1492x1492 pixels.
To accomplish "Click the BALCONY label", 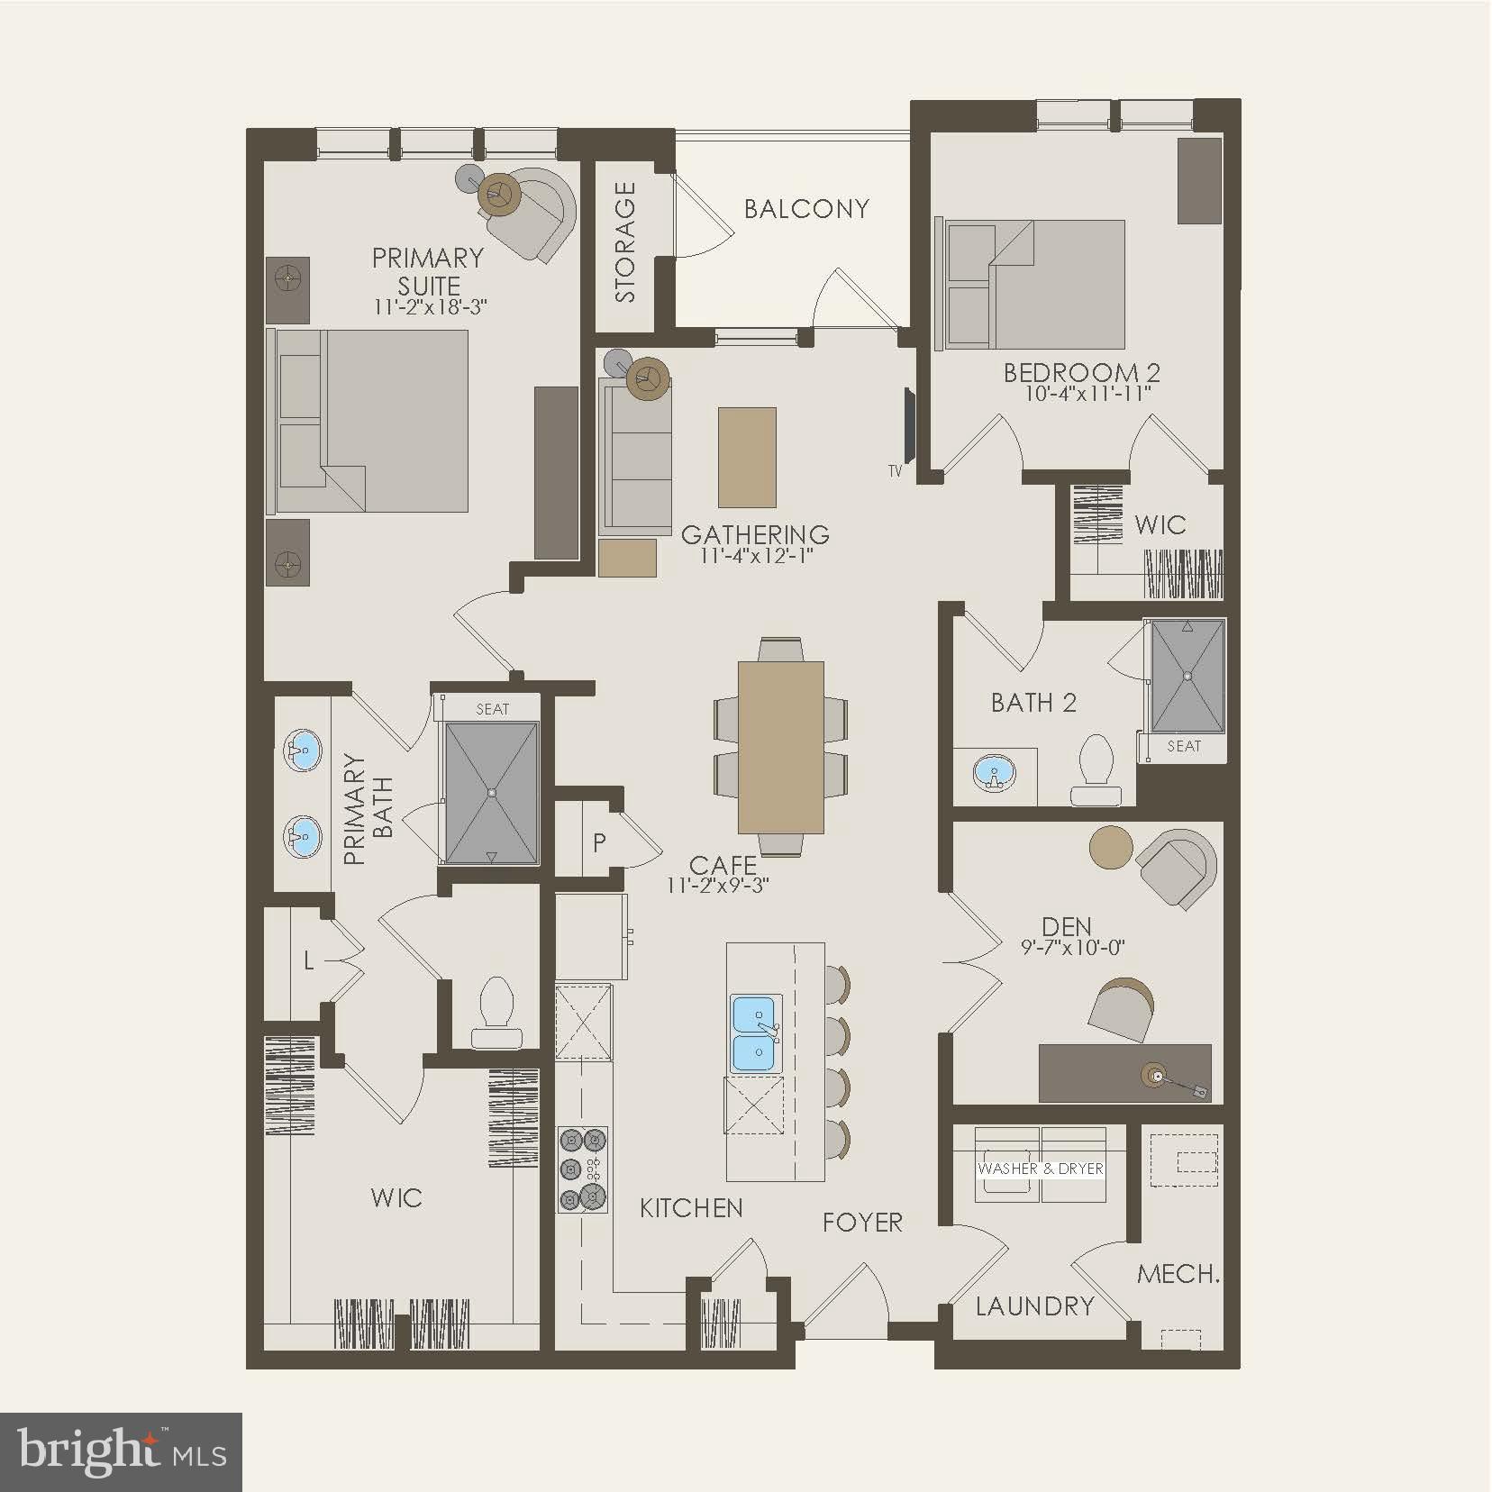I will click(806, 209).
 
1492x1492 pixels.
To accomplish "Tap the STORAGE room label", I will click(625, 241).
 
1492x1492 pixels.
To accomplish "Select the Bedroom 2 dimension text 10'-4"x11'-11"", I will click(1087, 394).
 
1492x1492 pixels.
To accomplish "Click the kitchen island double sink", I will click(755, 1033).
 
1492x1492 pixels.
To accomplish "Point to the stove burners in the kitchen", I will click(582, 1169).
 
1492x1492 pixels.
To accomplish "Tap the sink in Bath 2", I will click(994, 773).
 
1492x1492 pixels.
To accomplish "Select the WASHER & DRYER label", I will click(1041, 1169).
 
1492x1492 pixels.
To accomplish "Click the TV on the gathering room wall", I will click(909, 425).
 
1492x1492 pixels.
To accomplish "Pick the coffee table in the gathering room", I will click(747, 457).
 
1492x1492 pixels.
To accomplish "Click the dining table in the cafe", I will click(780, 747).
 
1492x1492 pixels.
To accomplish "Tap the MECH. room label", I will click(1178, 1274).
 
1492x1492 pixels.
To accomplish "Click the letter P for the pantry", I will click(599, 842).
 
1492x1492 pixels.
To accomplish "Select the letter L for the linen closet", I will click(308, 962).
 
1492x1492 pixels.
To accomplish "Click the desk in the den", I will click(1124, 1072).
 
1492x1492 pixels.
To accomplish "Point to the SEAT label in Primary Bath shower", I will click(492, 709).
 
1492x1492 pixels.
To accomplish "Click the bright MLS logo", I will click(122, 1451).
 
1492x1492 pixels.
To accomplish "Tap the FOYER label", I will click(862, 1223).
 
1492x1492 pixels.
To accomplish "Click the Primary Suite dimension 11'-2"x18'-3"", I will click(430, 307).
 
